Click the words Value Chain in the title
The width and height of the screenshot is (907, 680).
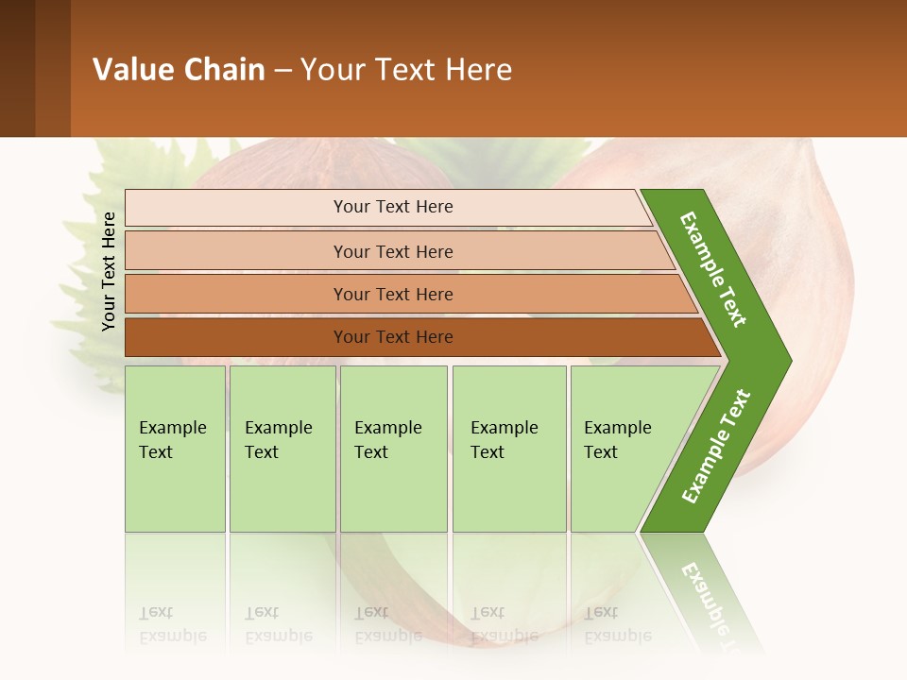tap(179, 70)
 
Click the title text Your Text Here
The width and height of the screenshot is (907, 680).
tap(406, 70)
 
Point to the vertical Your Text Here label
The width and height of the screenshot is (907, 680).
tap(109, 271)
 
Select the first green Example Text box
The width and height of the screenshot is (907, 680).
tap(175, 449)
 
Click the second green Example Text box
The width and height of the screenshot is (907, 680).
tap(282, 449)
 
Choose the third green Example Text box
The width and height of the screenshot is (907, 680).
tap(393, 449)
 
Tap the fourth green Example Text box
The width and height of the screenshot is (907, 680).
tap(508, 449)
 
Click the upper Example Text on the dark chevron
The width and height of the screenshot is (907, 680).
tap(713, 269)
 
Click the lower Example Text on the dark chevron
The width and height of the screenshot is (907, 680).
tap(715, 447)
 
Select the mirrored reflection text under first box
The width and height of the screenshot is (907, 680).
tap(172, 625)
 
